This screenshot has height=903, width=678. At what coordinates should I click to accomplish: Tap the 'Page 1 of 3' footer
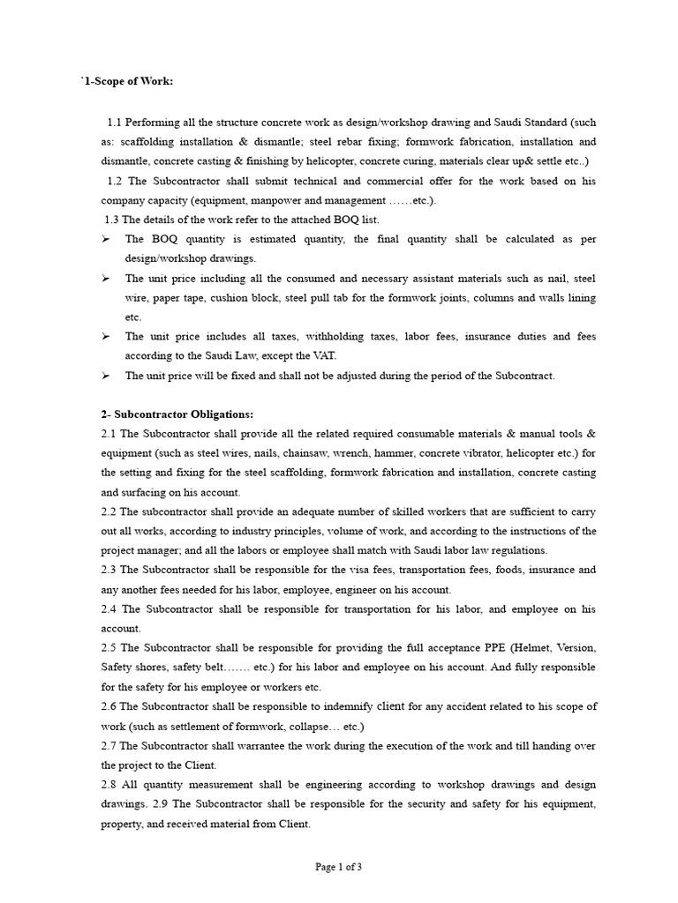click(339, 867)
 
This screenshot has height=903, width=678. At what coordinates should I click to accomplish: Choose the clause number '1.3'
click(111, 220)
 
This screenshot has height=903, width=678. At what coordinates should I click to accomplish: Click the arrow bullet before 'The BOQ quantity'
click(105, 239)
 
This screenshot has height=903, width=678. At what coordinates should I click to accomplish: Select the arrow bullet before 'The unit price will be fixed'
click(105, 376)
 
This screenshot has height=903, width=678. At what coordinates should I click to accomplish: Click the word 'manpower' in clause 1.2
click(248, 200)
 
